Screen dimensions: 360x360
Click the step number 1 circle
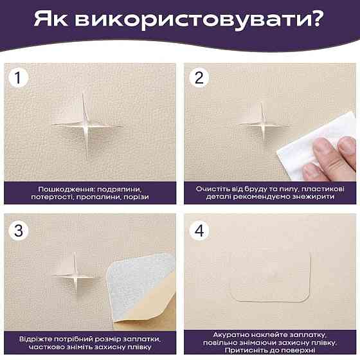pos(21,78)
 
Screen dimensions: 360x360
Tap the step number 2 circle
pos(199,78)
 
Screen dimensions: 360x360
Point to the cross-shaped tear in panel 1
pos(87,124)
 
